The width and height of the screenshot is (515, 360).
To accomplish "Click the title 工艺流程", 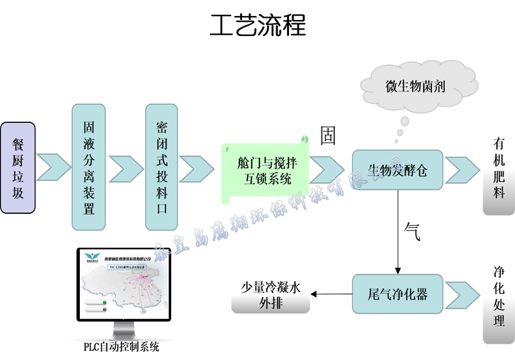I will (257, 26).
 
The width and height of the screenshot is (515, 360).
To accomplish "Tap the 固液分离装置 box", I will (89, 167).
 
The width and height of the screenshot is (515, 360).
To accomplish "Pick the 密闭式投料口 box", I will (162, 167).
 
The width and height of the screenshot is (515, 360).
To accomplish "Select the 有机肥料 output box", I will (499, 168).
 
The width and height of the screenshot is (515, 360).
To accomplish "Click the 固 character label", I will (328, 135).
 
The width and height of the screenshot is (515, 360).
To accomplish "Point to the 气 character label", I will (412, 231).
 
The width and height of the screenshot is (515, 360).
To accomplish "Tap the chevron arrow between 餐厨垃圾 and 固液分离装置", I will (54, 167).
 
